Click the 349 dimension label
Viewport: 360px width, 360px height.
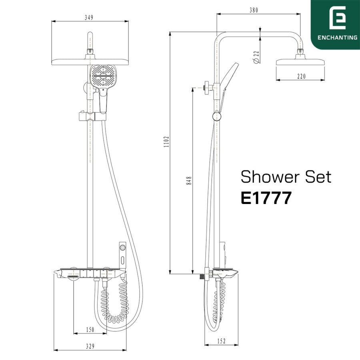pyautogui.click(x=89, y=18)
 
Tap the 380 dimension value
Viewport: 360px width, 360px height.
pyautogui.click(x=254, y=10)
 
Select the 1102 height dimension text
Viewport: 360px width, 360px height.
pyautogui.click(x=166, y=142)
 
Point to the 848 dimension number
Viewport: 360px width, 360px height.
pyautogui.click(x=189, y=181)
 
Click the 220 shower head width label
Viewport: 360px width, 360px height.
pyautogui.click(x=302, y=76)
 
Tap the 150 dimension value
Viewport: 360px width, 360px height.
pyautogui.click(x=90, y=330)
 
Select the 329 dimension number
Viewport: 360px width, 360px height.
pyautogui.click(x=90, y=346)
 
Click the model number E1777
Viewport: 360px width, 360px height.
pyautogui.click(x=266, y=198)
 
